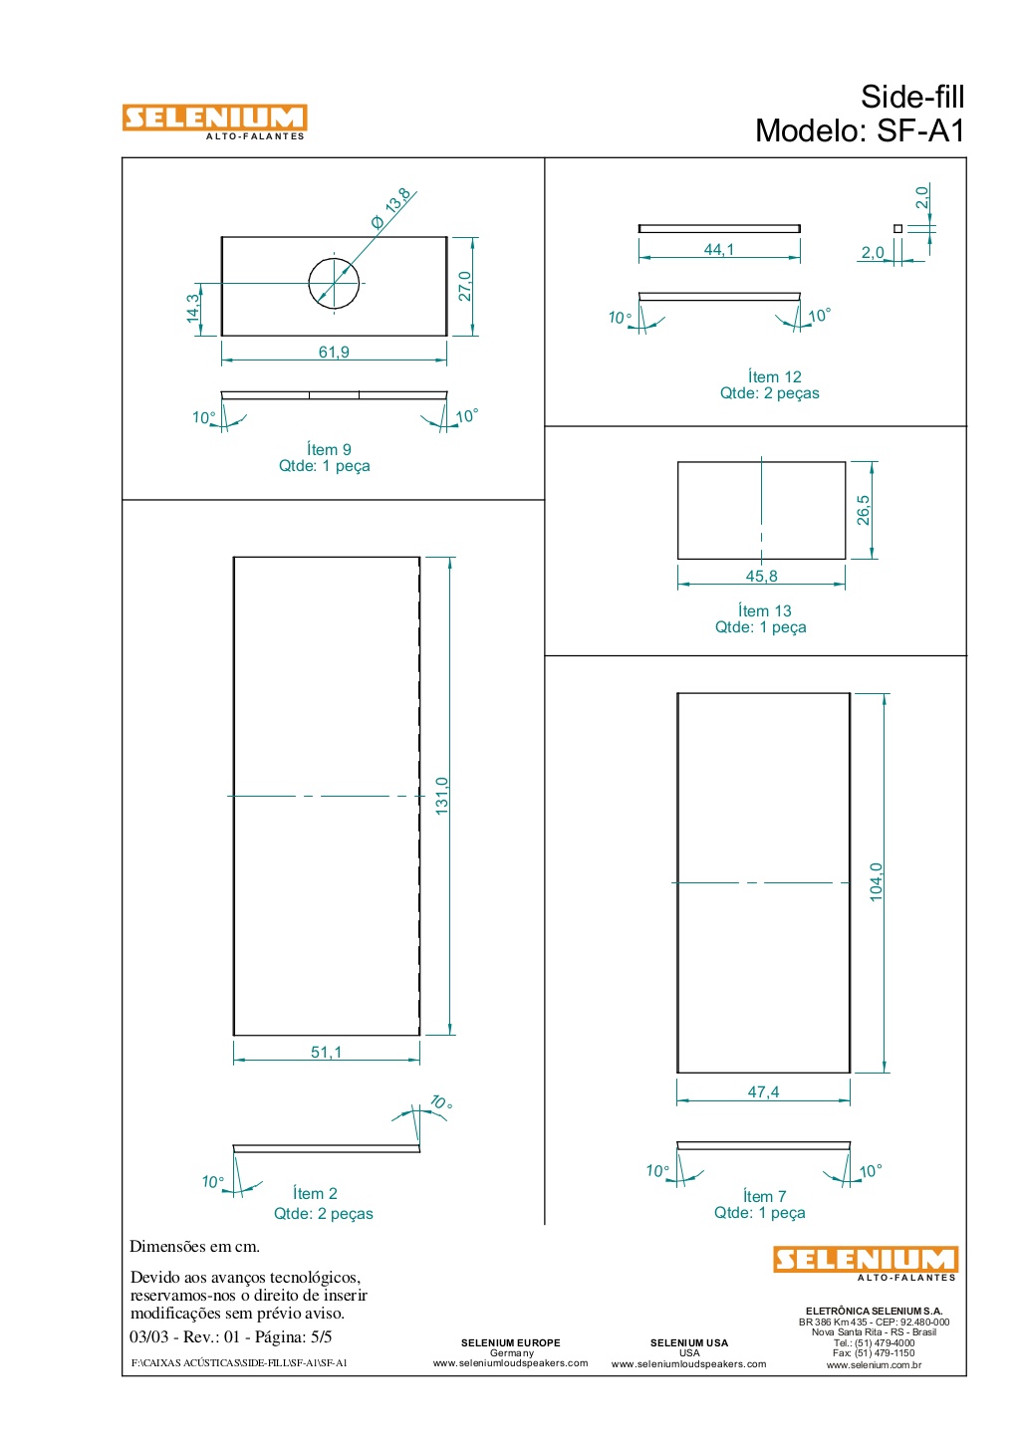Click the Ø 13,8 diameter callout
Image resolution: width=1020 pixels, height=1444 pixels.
(391, 208)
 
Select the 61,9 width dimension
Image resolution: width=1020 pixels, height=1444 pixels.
(334, 352)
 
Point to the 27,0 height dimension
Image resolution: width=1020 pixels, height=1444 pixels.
(465, 286)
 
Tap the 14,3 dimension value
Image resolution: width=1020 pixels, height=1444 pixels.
(193, 308)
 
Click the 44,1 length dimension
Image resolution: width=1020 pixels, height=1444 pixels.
(719, 250)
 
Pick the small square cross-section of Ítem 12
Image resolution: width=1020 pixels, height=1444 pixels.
(897, 228)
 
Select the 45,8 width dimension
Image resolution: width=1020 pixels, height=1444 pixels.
(761, 577)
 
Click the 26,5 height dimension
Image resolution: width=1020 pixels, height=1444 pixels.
(863, 511)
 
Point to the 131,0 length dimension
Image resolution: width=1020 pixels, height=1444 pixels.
(441, 796)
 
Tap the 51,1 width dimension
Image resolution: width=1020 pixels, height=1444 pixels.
(327, 1052)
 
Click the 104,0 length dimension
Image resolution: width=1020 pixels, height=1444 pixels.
(876, 882)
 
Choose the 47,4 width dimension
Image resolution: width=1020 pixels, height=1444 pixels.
(763, 1092)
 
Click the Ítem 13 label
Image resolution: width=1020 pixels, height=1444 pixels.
(765, 610)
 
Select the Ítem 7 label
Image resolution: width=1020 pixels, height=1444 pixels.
(765, 1196)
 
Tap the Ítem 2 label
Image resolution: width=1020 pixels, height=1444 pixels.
(315, 1193)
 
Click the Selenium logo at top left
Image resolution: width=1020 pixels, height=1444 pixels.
(215, 121)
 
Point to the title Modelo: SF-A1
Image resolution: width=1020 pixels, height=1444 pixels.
(860, 130)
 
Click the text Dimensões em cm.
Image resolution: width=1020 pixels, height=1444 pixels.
(194, 1246)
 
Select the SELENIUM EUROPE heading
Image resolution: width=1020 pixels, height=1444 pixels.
(511, 1342)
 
